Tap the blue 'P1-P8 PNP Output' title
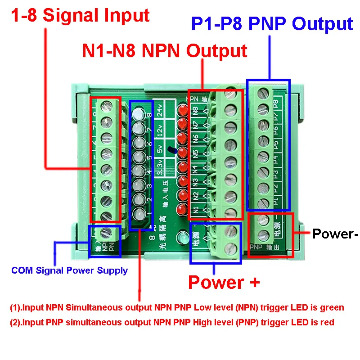[x=272, y=23]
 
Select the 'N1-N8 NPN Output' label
[x=165, y=51]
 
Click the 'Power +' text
[x=224, y=282]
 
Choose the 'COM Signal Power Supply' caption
[x=69, y=270]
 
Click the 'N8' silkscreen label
[x=195, y=110]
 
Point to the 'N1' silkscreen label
[x=195, y=210]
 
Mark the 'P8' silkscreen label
[x=276, y=103]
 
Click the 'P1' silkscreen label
[x=276, y=200]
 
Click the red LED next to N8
[x=183, y=110]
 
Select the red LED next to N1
[x=183, y=209]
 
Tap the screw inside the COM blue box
[x=104, y=233]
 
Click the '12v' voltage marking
[x=159, y=130]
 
